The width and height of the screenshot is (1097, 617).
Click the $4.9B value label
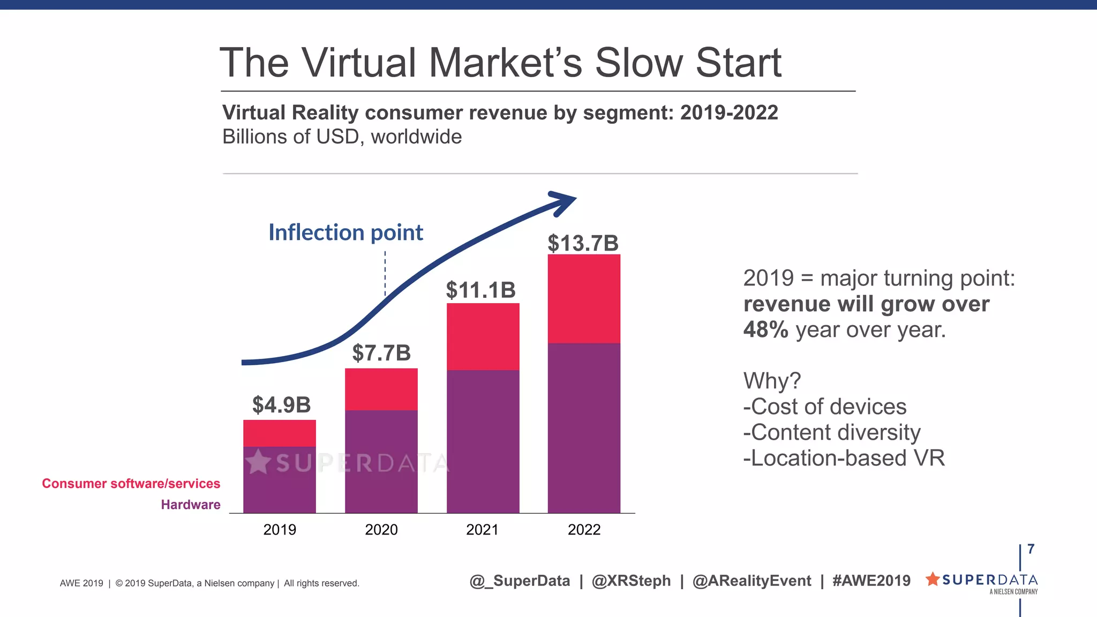pyautogui.click(x=281, y=405)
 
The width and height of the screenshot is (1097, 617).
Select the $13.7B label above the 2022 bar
pyautogui.click(x=583, y=243)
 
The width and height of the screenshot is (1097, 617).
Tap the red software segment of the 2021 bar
pyautogui.click(x=483, y=336)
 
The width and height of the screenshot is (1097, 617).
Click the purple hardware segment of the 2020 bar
pyautogui.click(x=381, y=461)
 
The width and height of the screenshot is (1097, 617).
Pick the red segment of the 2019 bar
pyautogui.click(x=279, y=433)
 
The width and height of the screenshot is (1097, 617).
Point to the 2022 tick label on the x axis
pyautogui.click(x=584, y=530)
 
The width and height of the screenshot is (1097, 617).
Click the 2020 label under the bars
pyautogui.click(x=381, y=530)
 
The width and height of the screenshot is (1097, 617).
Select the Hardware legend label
pyautogui.click(x=191, y=505)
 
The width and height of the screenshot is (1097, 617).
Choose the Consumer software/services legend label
pyautogui.click(x=131, y=484)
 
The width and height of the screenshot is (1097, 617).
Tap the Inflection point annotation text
pyautogui.click(x=345, y=232)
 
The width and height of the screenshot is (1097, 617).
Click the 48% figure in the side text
pyautogui.click(x=765, y=329)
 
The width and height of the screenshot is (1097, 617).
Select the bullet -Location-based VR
pyautogui.click(x=844, y=458)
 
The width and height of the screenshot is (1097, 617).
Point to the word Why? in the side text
pyautogui.click(x=771, y=381)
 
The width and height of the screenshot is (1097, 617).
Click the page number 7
pyautogui.click(x=1031, y=549)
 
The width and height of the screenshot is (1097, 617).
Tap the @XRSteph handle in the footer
pyautogui.click(x=631, y=581)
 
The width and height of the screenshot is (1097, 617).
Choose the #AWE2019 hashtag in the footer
pyautogui.click(x=871, y=581)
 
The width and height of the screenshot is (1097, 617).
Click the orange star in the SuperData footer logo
pyautogui.click(x=933, y=579)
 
